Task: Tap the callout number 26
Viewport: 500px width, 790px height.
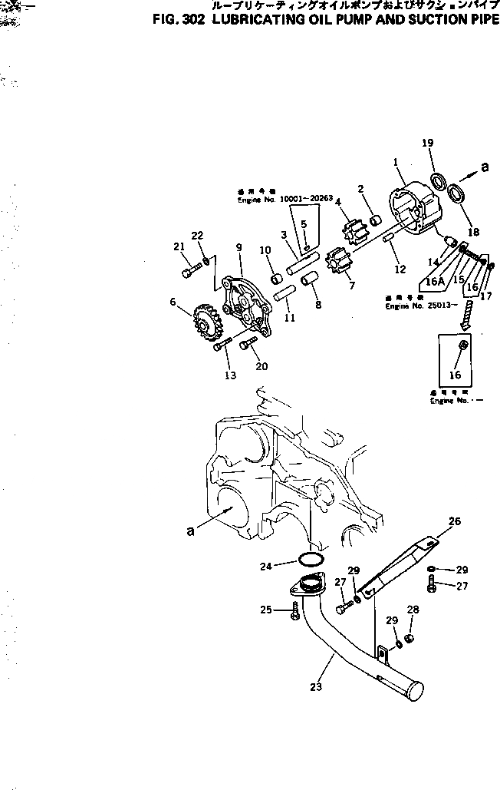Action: point(454,521)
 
